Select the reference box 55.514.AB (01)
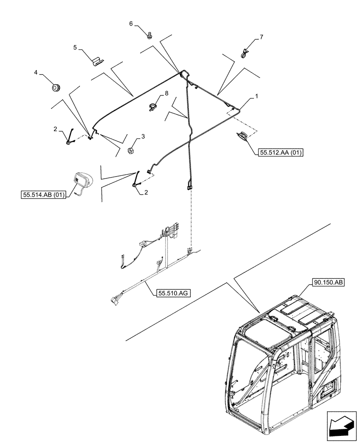coord(43,194)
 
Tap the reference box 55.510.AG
coord(172,293)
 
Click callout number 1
coord(255,96)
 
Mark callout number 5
coord(75,47)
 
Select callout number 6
coord(131,23)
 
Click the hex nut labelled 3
coord(132,151)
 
